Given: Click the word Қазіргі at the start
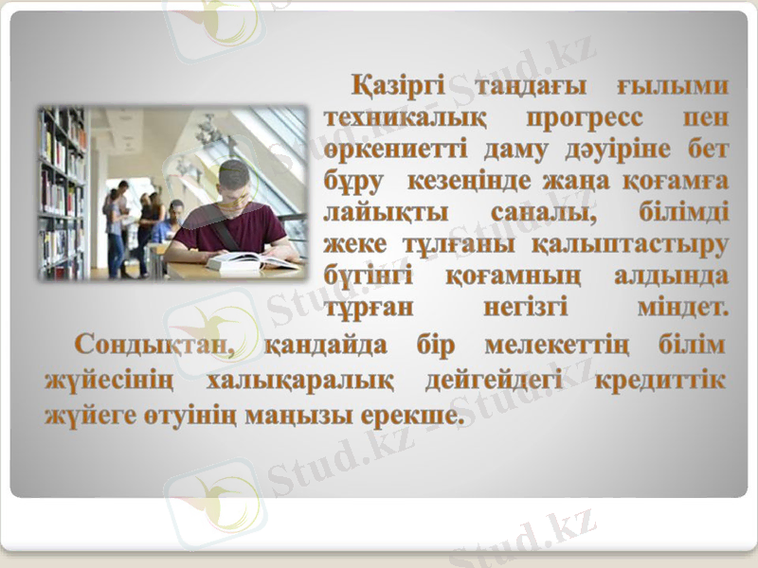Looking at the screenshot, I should point(397,87).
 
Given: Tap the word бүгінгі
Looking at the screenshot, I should point(369,275).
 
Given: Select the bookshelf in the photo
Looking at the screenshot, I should point(62,189).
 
